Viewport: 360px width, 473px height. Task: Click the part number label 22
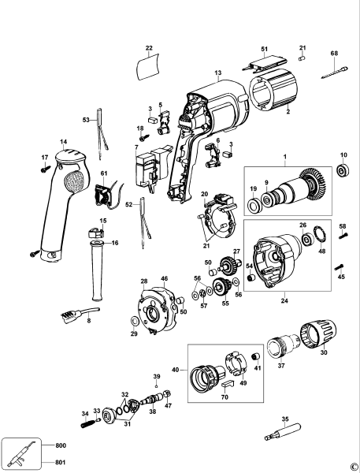[149, 48]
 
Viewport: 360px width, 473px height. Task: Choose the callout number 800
[62, 445]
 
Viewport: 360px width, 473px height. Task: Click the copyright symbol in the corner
[353, 467]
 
